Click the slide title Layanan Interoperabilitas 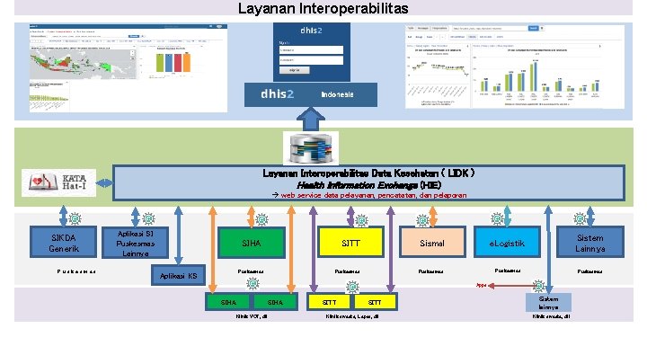click(323, 9)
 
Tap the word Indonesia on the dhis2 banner click(338, 94)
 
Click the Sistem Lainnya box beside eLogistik click(590, 241)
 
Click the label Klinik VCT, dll click(253, 316)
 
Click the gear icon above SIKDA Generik click(75, 218)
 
